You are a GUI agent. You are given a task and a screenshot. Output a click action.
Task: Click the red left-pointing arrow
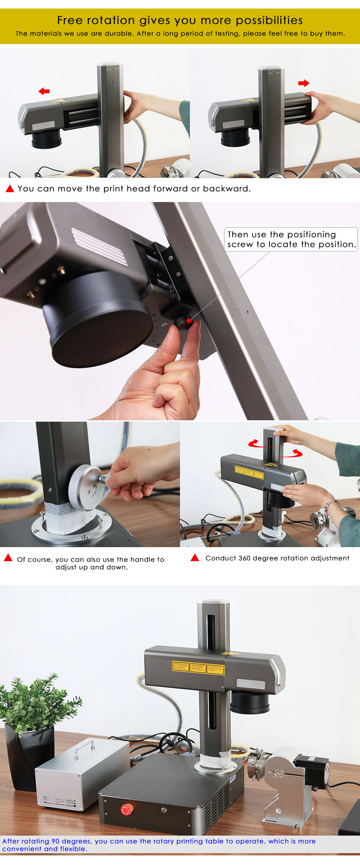(44, 91)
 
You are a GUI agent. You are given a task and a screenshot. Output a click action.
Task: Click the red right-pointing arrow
(304, 83)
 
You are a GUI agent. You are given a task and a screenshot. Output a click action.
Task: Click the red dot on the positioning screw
(189, 320)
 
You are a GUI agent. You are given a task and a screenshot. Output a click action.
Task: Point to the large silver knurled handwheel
(85, 488)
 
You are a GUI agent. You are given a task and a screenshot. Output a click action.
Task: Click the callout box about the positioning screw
(291, 239)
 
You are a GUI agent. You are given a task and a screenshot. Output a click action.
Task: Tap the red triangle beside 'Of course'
(8, 558)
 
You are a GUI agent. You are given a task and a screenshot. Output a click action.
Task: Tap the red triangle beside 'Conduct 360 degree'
(195, 558)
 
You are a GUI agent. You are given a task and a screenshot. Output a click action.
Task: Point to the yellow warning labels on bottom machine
(198, 668)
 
